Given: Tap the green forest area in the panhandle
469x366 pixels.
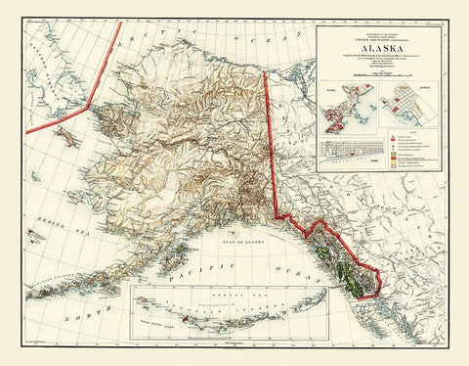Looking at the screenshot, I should click(342, 250).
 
